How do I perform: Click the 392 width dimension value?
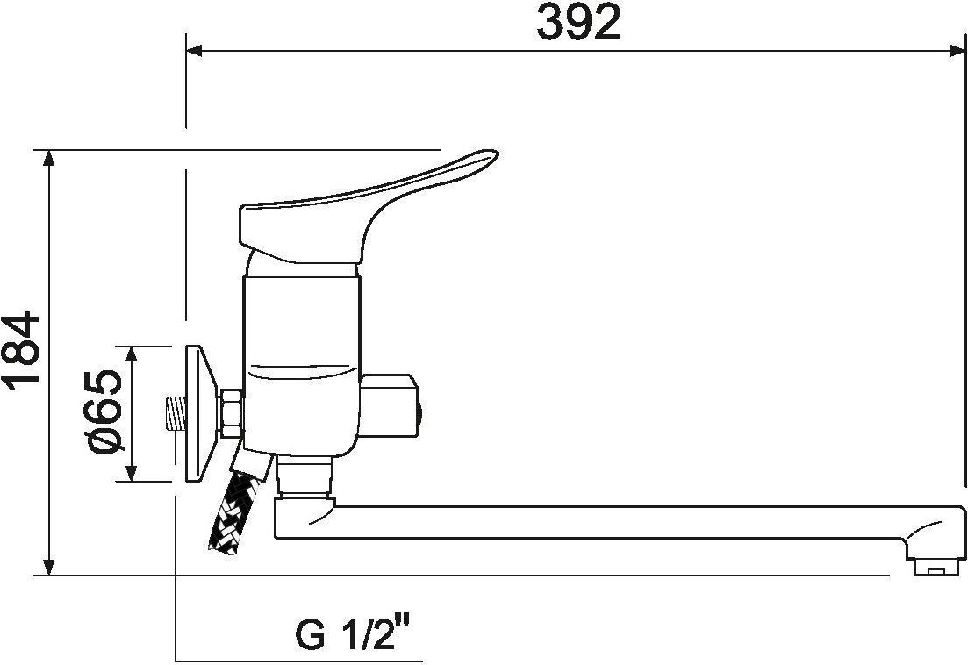coord(578,23)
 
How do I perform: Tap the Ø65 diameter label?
coord(104,411)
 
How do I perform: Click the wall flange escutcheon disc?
coord(201,413)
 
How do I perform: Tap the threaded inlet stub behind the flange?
coord(176,413)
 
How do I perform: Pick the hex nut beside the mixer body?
coord(232,414)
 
